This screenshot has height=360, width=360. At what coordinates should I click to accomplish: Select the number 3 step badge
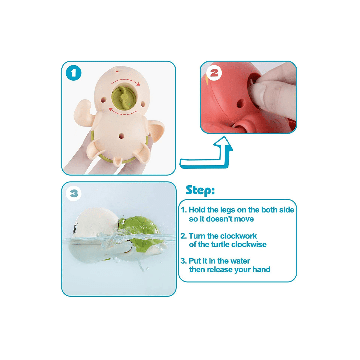tap(74, 194)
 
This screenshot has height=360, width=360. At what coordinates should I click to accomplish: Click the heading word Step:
tap(200, 190)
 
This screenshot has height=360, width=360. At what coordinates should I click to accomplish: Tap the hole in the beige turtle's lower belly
tap(121, 136)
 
